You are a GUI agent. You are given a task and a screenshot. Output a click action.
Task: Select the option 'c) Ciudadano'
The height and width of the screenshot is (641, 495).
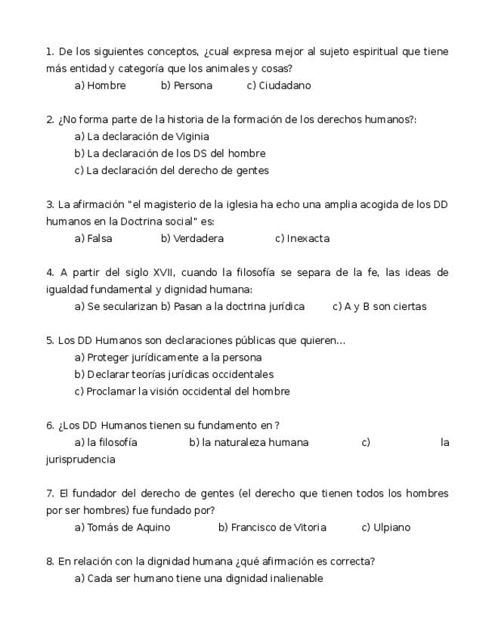tap(279, 85)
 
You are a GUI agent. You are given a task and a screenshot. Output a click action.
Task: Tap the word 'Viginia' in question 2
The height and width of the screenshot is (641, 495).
tap(192, 137)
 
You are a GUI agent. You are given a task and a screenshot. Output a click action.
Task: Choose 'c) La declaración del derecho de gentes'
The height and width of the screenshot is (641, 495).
tap(172, 171)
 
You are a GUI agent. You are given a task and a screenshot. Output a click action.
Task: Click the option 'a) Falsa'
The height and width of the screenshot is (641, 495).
tap(93, 239)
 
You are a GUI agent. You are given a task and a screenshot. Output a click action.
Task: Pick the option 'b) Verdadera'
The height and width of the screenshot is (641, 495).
tap(192, 239)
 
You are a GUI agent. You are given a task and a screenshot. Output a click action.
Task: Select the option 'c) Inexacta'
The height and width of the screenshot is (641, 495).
tap(302, 239)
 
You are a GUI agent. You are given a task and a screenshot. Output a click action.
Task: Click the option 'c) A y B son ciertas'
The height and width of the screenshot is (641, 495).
tap(379, 307)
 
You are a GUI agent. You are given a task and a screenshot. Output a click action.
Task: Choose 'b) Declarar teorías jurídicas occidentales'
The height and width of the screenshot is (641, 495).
tap(174, 375)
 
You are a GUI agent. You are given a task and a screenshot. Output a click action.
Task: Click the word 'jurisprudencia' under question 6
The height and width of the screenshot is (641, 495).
tap(81, 460)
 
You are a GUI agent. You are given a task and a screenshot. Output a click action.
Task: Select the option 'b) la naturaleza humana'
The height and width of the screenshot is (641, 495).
tap(249, 443)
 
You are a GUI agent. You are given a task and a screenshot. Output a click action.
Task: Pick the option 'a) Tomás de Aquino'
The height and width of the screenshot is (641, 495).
tap(122, 528)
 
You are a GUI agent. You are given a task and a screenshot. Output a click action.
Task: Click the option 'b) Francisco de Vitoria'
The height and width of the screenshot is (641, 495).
tap(272, 528)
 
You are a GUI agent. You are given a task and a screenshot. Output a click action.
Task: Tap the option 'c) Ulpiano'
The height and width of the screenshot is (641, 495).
tap(385, 528)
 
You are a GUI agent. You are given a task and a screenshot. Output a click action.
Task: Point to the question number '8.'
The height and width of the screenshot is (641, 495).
tap(50, 562)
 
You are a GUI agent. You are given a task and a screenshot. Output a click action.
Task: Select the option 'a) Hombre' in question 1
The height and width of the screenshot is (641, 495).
tap(100, 85)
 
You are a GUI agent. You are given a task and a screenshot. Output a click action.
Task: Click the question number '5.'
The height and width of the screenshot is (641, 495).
tap(50, 341)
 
